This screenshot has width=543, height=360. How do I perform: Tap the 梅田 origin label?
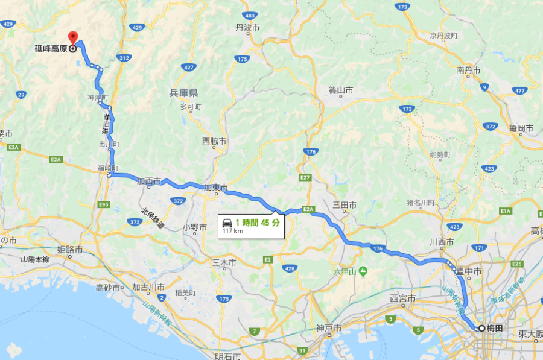[495, 329]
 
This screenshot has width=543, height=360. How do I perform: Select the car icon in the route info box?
[227, 223]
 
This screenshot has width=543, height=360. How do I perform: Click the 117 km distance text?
[232, 231]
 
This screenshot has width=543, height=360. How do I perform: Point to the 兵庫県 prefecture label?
[183, 93]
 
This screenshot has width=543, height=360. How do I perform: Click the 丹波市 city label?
[247, 28]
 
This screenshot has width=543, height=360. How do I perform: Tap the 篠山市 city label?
[340, 90]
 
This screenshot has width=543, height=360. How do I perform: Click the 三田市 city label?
[345, 205]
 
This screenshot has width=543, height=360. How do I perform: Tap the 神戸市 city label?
[329, 329]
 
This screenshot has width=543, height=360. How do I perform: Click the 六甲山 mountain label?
[346, 271]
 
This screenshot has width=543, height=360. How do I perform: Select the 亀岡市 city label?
[521, 128]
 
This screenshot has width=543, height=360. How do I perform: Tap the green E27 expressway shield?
[304, 178]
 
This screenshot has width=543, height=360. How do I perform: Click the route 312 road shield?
[124, 58]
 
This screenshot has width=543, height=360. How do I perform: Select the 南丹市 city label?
[468, 71]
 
